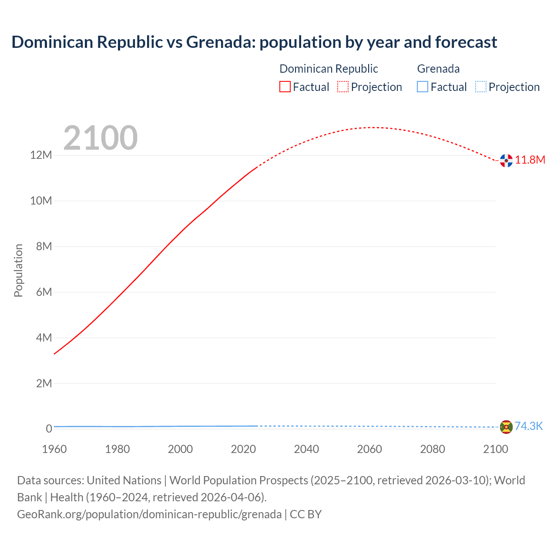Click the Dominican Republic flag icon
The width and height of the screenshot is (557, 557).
point(506,161)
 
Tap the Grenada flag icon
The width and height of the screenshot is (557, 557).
point(506,427)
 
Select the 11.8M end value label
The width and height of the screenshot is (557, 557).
point(530,160)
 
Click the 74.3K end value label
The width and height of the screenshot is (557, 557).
point(529,426)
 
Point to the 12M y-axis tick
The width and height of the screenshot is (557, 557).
point(41,155)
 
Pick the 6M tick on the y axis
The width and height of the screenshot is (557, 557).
point(44,292)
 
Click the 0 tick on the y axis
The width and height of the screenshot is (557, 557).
point(49,429)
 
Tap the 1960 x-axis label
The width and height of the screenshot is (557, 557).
point(54,449)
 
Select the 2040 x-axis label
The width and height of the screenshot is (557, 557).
point(306,449)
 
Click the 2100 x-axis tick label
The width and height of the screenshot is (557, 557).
point(496,449)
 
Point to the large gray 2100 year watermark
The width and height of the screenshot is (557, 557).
point(101,138)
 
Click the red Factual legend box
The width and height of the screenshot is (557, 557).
point(285,87)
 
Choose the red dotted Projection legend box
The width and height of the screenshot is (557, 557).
point(343,87)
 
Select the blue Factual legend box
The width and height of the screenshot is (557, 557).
point(423,87)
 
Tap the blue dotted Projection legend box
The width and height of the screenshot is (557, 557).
point(481,87)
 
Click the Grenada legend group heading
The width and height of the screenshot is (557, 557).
point(438,69)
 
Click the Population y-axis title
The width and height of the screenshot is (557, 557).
point(18,270)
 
